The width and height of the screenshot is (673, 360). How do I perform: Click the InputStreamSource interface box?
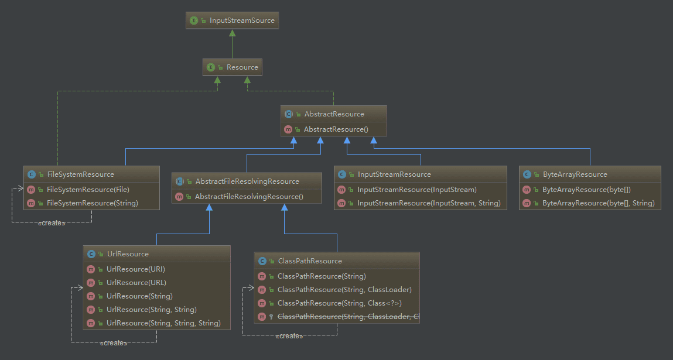(x=231, y=20)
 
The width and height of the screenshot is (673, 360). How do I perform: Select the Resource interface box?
(x=233, y=67)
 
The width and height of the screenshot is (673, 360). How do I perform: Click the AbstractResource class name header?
(x=334, y=114)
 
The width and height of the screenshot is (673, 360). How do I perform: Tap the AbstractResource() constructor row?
(x=336, y=129)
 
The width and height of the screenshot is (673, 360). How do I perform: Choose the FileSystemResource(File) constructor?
(x=88, y=190)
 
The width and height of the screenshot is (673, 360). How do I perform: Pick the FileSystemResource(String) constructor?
(x=92, y=203)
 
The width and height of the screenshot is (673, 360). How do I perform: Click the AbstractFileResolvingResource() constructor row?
(x=249, y=197)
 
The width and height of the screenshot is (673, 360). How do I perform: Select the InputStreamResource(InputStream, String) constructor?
(x=429, y=203)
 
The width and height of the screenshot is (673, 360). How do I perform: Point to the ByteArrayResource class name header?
(x=575, y=174)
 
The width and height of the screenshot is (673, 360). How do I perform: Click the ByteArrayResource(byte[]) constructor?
(x=586, y=190)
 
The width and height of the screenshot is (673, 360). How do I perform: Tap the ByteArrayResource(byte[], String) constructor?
(x=598, y=203)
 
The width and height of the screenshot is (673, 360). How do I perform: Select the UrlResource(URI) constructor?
(x=136, y=269)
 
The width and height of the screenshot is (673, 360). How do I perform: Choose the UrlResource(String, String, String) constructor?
(x=163, y=323)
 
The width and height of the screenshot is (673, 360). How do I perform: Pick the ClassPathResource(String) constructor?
(x=322, y=276)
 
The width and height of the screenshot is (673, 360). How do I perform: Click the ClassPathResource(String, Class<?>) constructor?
(x=340, y=303)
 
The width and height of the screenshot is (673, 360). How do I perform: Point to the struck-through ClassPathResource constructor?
(x=348, y=317)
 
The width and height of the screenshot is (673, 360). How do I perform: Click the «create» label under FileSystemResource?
(x=51, y=223)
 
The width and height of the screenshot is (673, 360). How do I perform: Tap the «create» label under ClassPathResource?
(x=289, y=336)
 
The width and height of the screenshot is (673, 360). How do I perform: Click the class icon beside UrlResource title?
(x=91, y=254)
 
